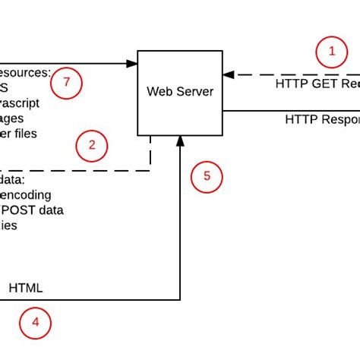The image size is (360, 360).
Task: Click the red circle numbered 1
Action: click(331, 52)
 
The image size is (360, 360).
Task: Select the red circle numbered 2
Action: click(92, 146)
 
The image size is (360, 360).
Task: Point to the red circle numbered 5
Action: click(206, 177)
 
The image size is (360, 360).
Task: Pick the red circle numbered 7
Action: click(67, 84)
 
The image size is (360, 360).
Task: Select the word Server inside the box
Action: click(194, 93)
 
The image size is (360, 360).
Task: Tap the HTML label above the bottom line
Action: click(26, 288)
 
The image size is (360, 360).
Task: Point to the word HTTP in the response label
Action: click(300, 120)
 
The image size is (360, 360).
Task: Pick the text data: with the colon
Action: click(12, 180)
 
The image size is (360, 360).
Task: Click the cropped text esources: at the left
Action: click(25, 73)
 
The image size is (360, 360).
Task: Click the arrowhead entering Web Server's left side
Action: click(131, 64)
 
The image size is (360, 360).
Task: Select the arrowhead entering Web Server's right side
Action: click(228, 75)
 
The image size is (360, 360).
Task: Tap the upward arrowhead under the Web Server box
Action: click(180, 141)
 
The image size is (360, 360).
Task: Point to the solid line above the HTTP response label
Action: click(289, 110)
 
